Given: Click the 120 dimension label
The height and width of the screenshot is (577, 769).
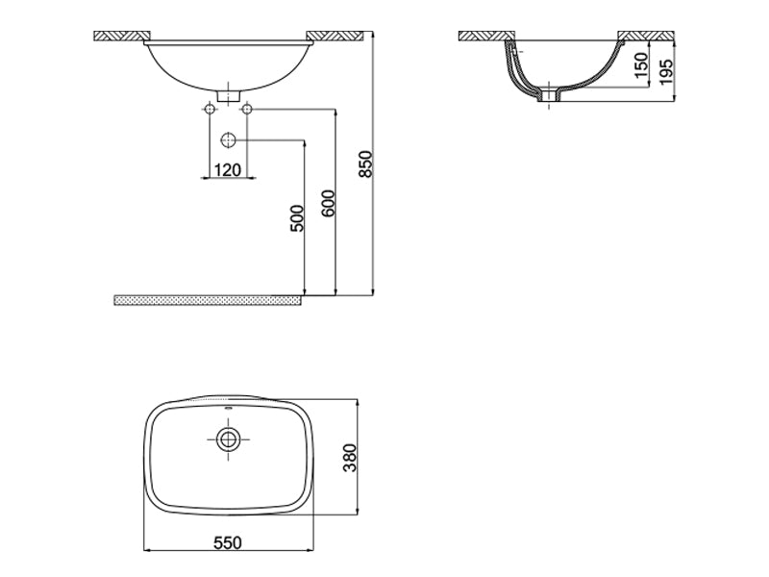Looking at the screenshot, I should [x=227, y=169].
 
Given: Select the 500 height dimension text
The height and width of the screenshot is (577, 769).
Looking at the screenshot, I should [x=297, y=218].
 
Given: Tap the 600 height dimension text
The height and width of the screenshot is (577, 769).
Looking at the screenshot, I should [x=328, y=204].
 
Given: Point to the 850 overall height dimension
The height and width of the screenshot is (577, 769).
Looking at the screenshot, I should [x=364, y=164].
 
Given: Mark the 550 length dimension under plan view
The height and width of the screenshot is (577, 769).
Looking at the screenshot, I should [x=226, y=543].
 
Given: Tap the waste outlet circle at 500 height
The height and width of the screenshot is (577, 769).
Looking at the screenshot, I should [x=228, y=140].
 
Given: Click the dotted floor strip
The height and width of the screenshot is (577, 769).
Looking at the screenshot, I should [x=207, y=300].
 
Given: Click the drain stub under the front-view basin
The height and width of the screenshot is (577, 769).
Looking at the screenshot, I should [x=228, y=94].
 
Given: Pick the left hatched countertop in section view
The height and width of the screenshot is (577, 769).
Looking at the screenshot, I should [x=485, y=37].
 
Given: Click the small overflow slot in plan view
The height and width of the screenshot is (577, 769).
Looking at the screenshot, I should [x=228, y=410].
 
